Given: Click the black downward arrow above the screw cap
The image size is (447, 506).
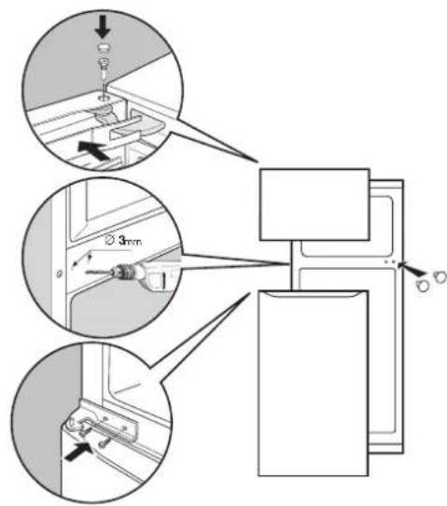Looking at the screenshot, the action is (103, 28).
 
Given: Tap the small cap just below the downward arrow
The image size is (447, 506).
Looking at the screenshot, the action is (103, 48).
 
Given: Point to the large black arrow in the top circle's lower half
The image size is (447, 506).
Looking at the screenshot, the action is (94, 150).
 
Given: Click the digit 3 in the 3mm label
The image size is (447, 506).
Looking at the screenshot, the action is (122, 241).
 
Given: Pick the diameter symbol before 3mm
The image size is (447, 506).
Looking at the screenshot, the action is (110, 241).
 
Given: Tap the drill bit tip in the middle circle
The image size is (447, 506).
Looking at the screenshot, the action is (88, 273).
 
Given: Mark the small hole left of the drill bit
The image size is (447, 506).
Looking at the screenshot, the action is (59, 274).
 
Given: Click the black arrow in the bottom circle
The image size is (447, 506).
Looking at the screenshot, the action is (78, 452).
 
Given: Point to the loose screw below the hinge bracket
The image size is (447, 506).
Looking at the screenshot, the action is (105, 443).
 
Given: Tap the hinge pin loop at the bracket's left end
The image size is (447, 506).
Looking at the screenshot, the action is (72, 423).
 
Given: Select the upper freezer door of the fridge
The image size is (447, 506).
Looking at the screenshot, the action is (314, 204).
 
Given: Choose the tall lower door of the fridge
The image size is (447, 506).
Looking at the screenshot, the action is (314, 383).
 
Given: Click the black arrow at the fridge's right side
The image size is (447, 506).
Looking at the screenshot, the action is (412, 270).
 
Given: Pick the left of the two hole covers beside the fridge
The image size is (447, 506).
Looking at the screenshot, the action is (423, 286).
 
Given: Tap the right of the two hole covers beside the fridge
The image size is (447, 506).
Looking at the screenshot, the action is (440, 277).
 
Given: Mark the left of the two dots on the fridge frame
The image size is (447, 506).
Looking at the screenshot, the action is (386, 261).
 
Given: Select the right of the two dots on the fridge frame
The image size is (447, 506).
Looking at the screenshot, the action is (394, 261).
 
